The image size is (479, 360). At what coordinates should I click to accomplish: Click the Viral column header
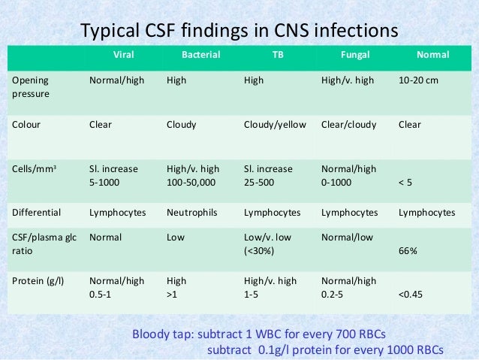tap(126, 55)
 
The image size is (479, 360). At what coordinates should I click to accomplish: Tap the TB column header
tap(277, 55)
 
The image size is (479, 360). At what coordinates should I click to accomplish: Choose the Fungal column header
tap(354, 55)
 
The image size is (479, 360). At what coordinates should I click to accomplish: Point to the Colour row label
tap(25, 125)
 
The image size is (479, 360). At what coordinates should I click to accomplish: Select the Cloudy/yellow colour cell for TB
tap(275, 125)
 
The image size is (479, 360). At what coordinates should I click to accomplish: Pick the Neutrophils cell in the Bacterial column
tap(191, 213)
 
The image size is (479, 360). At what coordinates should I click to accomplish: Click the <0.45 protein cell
tap(411, 295)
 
